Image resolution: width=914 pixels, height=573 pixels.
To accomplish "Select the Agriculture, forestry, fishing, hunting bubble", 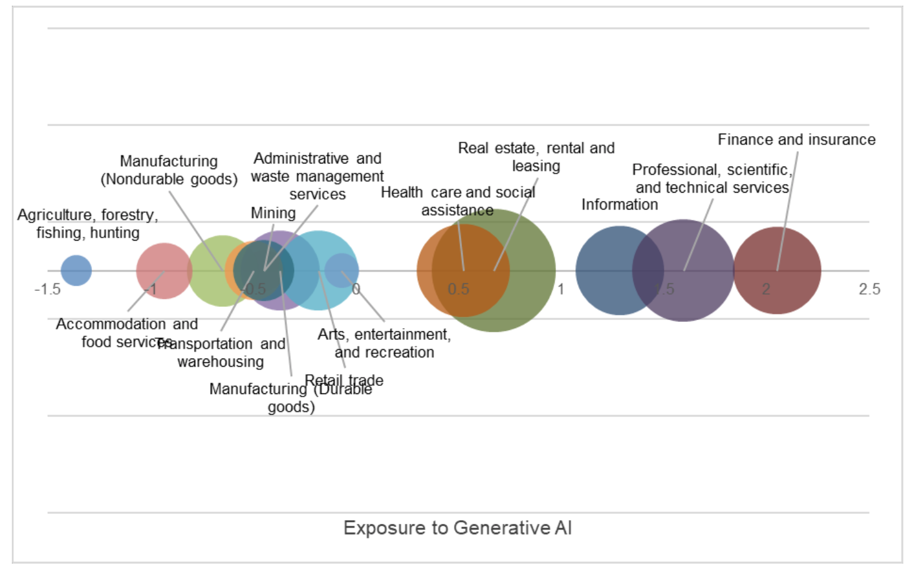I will [76, 270].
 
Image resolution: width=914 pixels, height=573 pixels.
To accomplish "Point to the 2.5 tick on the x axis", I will [869, 289].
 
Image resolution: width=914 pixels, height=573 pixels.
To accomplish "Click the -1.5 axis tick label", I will [47, 289].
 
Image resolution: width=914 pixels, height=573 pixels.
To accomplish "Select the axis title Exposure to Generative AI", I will [457, 528].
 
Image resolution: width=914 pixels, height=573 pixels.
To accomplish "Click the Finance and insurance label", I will [796, 140].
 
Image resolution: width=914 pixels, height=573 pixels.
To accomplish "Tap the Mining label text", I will [273, 213].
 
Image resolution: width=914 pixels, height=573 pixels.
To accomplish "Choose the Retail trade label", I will [344, 380].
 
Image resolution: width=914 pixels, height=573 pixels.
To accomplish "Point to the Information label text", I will [619, 204].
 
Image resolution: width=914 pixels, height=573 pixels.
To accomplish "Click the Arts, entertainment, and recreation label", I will [384, 343].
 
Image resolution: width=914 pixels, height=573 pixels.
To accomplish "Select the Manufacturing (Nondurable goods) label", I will [168, 170].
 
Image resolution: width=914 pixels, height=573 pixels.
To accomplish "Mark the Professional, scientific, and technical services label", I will [712, 178].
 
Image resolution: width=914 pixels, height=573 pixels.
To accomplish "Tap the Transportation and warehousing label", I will [221, 352].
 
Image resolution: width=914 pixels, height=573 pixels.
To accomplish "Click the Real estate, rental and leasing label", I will [536, 157].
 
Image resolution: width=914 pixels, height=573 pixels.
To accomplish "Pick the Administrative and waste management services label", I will [317, 176].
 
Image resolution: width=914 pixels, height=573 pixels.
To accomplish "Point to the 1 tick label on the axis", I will [560, 289].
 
